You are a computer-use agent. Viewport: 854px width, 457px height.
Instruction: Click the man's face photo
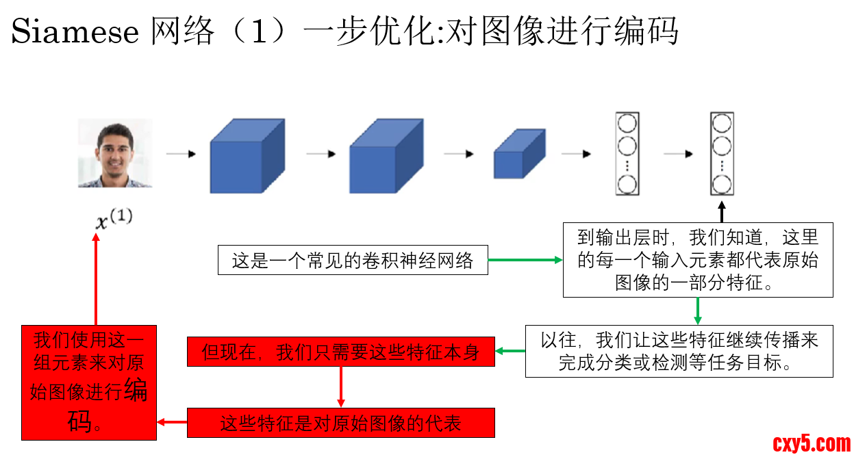pyautogui.click(x=114, y=153)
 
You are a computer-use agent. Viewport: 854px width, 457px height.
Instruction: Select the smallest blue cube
pyautogui.click(x=519, y=154)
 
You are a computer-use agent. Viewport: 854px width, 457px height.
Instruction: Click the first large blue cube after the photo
pyautogui.click(x=246, y=157)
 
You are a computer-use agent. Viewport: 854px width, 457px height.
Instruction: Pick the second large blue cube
pyautogui.click(x=386, y=157)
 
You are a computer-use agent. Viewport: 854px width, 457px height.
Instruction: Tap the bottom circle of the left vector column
pyautogui.click(x=627, y=184)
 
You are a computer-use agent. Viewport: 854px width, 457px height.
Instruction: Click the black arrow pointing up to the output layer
pyautogui.click(x=722, y=211)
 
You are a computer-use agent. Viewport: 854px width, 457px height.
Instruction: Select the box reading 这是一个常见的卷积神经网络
pyautogui.click(x=353, y=260)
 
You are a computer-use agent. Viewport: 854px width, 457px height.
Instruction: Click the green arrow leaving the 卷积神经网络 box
pyautogui.click(x=525, y=260)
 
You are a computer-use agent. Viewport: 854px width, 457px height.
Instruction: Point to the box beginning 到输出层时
pyautogui.click(x=698, y=260)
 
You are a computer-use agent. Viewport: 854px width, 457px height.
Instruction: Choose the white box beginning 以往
pyautogui.click(x=679, y=351)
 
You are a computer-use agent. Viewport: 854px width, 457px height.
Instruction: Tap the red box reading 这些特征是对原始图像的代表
pyautogui.click(x=340, y=423)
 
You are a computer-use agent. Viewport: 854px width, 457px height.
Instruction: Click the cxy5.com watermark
pyautogui.click(x=812, y=444)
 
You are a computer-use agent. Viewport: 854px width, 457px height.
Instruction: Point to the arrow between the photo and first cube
pyautogui.click(x=181, y=155)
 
